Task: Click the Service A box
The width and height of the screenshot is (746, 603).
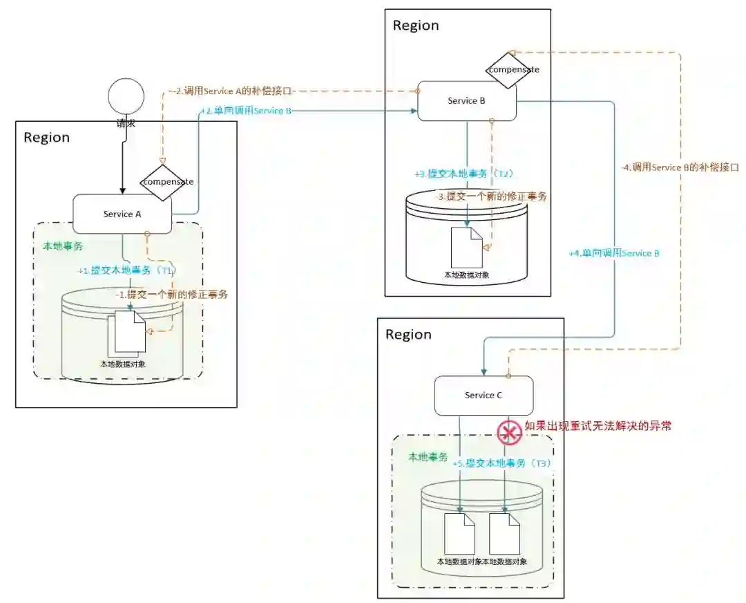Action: pos(122,214)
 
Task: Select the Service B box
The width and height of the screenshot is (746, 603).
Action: pos(466,101)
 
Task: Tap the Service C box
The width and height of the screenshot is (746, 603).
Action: pos(484,396)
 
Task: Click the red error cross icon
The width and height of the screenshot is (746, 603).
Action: pos(510,433)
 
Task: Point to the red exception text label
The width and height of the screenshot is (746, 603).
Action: pos(598,426)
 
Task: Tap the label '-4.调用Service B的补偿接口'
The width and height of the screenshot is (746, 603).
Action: pos(680,167)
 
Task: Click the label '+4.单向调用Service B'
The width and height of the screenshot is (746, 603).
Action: pos(614,253)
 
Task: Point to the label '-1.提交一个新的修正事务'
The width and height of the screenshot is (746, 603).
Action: pos(172,294)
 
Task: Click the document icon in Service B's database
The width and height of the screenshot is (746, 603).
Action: pos(466,248)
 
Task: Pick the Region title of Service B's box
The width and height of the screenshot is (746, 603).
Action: pos(416,26)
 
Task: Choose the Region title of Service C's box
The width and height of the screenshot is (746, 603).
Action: pos(408,335)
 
